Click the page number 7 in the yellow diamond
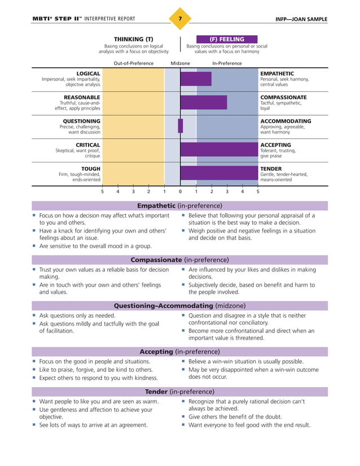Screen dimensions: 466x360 [x=179, y=19]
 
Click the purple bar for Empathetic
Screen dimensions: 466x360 [x=196, y=79]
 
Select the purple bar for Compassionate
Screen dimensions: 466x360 [x=204, y=102]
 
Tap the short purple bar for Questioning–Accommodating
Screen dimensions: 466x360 [x=181, y=126]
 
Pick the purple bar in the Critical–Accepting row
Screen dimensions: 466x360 [x=218, y=149]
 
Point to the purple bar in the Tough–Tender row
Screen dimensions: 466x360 [x=218, y=172]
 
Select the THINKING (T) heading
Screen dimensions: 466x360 [x=134, y=39]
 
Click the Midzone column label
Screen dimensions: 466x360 [x=180, y=63]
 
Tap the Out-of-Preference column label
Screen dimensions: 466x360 [x=134, y=63]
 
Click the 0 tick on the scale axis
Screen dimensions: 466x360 [x=180, y=192]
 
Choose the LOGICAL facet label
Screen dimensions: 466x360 [x=88, y=73]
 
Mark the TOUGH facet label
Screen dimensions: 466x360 [x=90, y=168]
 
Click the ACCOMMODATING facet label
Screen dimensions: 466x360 [x=285, y=121]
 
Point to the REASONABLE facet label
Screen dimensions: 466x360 [x=82, y=97]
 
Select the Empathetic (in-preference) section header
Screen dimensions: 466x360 [x=179, y=206]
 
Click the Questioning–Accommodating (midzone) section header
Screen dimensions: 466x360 [x=179, y=305]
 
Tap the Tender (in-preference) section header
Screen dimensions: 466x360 [x=179, y=391]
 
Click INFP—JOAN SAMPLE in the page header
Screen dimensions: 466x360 [x=301, y=19]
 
